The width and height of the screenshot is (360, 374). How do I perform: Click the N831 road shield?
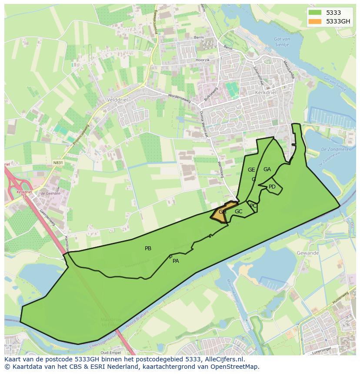pos(57,163)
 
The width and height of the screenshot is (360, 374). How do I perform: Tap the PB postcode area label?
pos(148,248)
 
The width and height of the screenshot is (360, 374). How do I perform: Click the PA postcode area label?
pos(176,261)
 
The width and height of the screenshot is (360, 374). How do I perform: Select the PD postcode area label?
pos(272,187)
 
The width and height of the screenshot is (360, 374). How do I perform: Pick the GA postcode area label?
pos(267,169)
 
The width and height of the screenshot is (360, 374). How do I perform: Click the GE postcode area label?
pos(251,170)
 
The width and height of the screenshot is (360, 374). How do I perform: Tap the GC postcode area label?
pos(238,212)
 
